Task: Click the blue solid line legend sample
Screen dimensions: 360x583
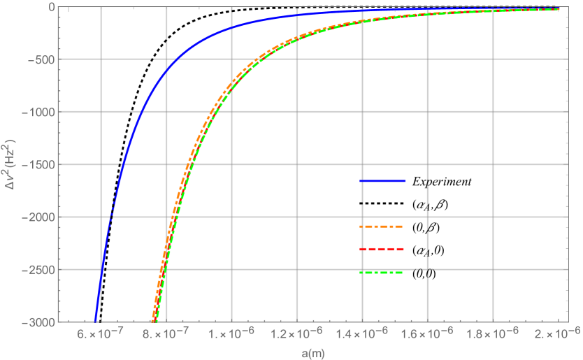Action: [x=382, y=181]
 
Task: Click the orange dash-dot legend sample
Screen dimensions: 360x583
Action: [x=382, y=227]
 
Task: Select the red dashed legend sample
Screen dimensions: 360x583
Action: [x=382, y=250]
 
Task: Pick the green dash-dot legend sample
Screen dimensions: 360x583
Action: [x=382, y=272]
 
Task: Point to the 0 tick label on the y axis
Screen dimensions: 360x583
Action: [x=51, y=7]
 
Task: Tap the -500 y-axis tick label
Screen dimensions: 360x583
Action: [x=42, y=59]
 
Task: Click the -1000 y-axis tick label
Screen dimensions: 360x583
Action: [x=39, y=112]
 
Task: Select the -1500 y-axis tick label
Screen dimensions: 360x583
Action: [x=39, y=164]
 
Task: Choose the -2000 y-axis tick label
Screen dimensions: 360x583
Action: [x=39, y=217]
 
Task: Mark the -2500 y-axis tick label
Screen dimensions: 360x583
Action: [x=39, y=269]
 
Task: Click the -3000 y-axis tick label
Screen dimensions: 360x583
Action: [x=39, y=322]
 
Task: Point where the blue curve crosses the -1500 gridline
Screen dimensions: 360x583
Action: [x=123, y=164]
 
